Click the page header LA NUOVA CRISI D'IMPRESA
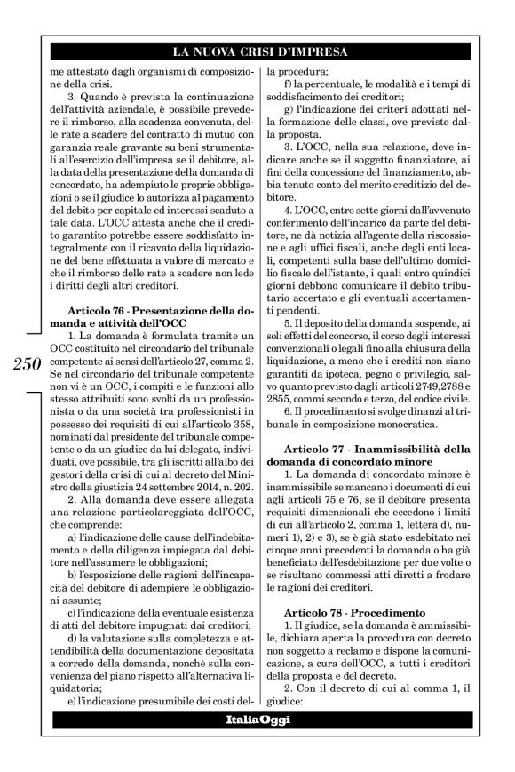(257, 51)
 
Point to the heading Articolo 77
(314, 445)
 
